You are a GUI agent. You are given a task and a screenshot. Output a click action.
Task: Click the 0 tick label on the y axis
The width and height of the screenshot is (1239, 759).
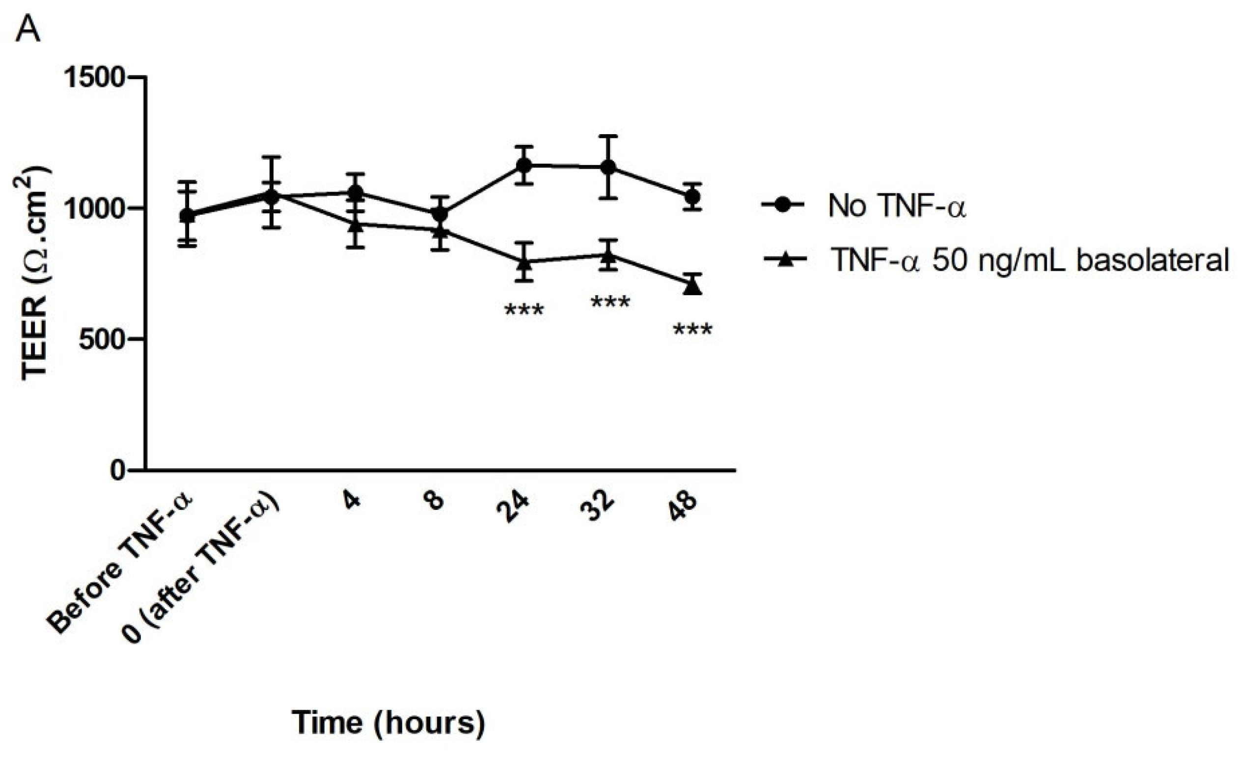[x=118, y=471]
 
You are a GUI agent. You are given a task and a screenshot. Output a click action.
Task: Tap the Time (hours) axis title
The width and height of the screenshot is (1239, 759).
[x=389, y=723]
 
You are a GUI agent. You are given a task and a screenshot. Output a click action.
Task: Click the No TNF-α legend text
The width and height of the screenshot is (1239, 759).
[x=898, y=206]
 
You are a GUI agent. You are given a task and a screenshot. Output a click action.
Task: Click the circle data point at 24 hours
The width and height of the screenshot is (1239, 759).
[x=524, y=165]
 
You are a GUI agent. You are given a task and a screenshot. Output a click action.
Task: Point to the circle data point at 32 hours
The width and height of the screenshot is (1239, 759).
[x=608, y=167]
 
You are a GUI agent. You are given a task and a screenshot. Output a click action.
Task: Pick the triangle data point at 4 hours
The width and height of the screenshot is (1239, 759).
[x=356, y=225]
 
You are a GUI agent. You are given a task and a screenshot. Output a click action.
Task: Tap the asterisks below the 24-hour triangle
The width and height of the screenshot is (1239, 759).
[x=524, y=310]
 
